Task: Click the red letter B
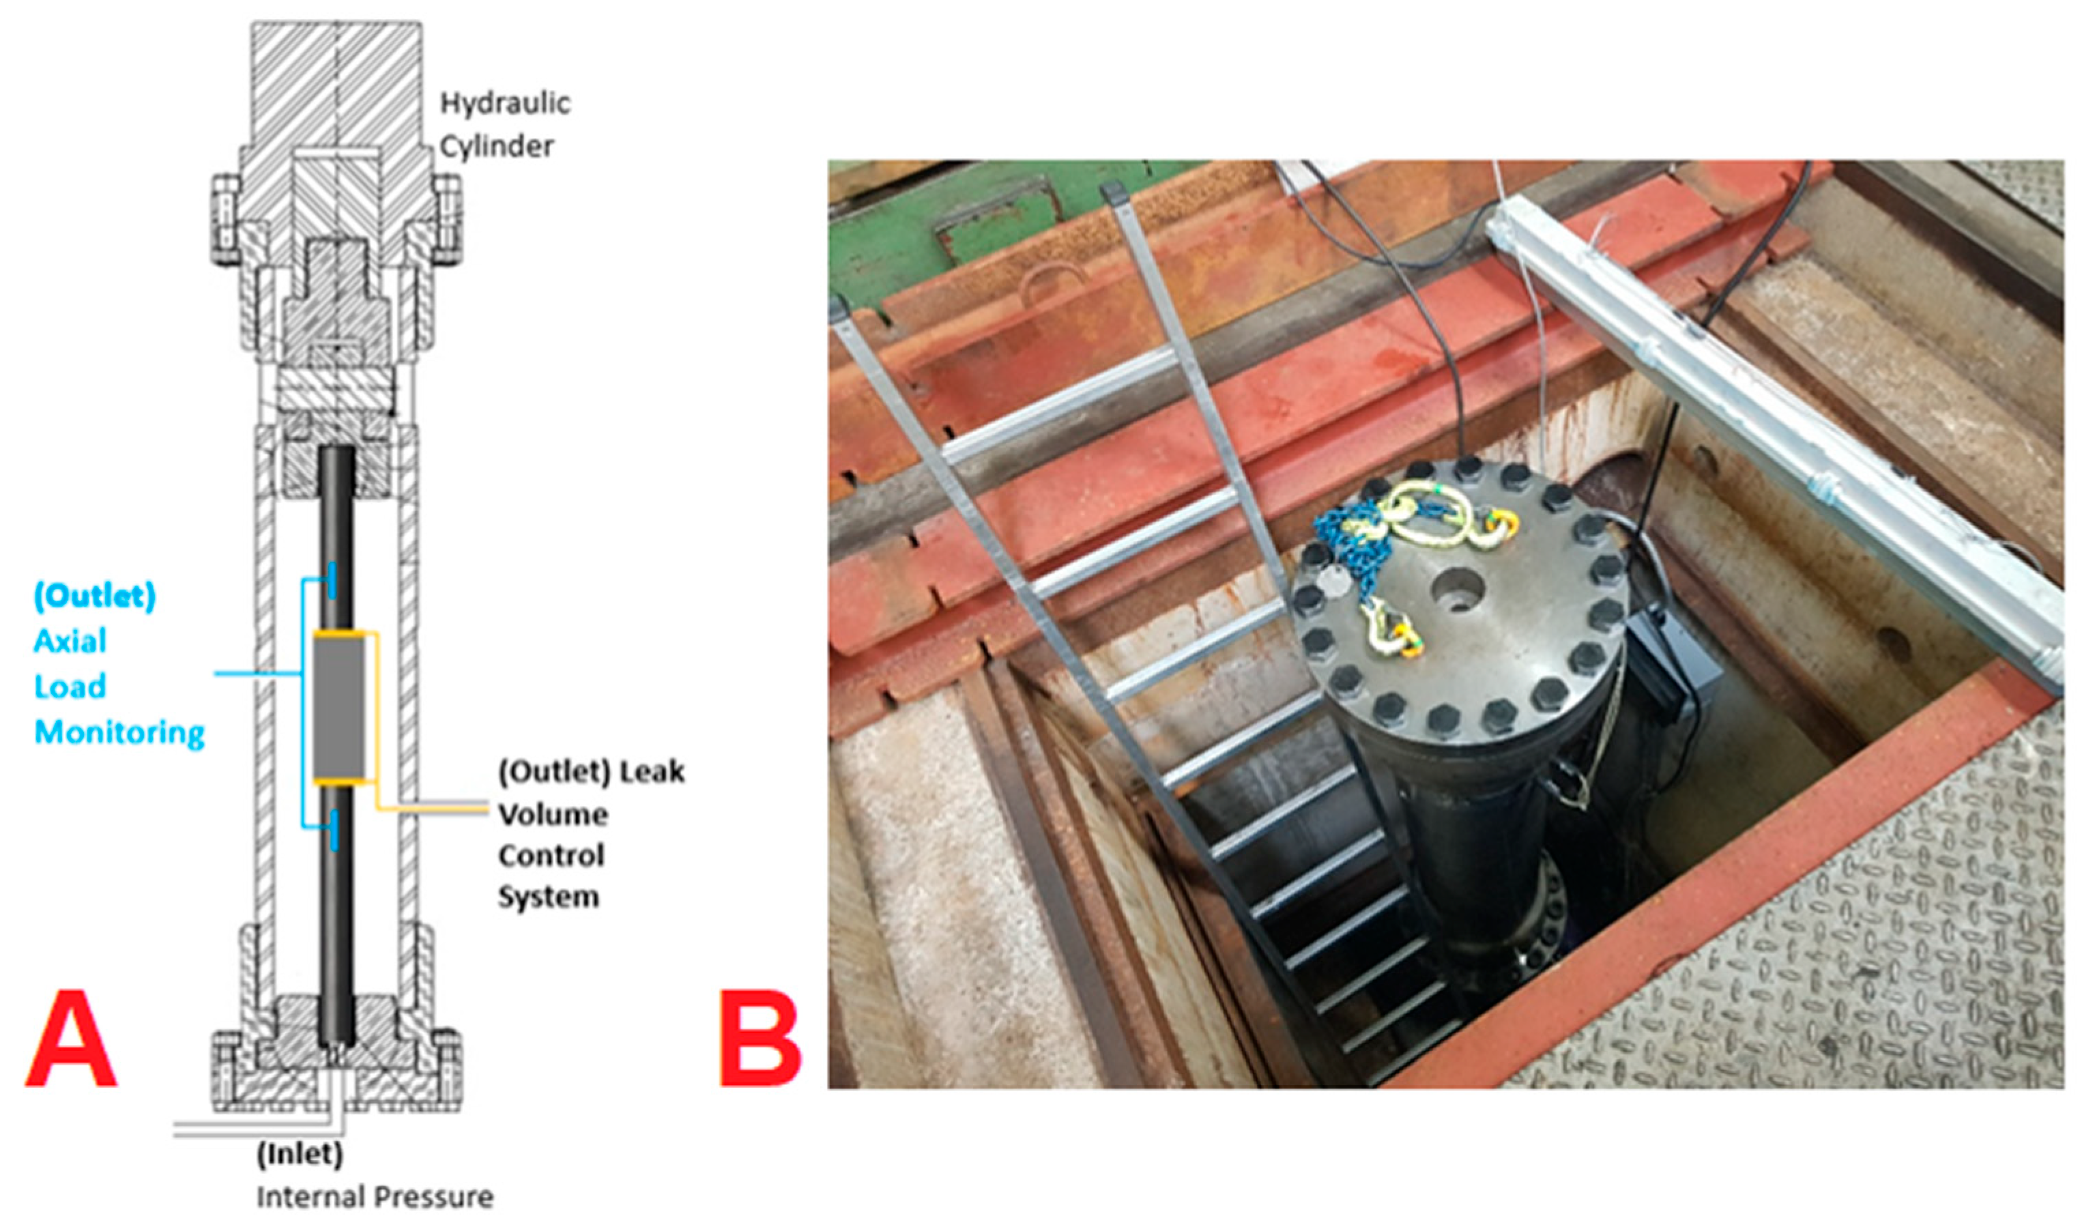click(760, 1039)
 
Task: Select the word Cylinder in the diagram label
click(496, 146)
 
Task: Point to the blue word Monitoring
click(119, 732)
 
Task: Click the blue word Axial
click(70, 641)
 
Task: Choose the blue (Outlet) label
click(94, 596)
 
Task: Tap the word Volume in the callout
click(553, 814)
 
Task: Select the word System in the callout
click(548, 897)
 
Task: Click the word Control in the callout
click(551, 855)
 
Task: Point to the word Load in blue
click(70, 687)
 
